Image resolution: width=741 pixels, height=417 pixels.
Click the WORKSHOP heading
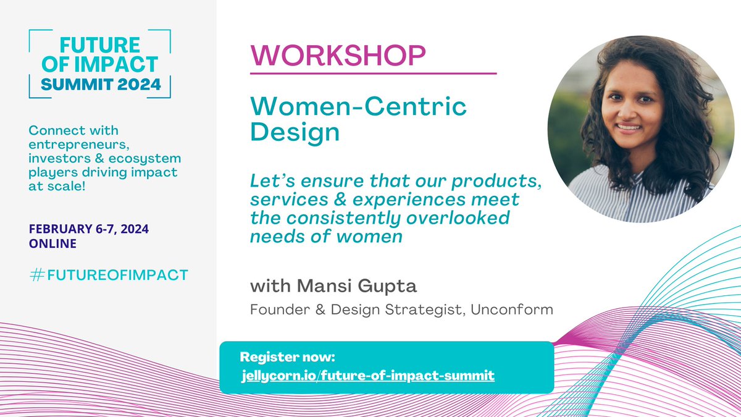pyautogui.click(x=338, y=56)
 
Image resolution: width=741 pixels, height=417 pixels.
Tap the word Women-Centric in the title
pyautogui.click(x=359, y=107)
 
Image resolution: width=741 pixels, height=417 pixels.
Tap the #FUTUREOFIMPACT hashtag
pyautogui.click(x=108, y=275)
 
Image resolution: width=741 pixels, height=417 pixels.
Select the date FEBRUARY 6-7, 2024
pyautogui.click(x=89, y=229)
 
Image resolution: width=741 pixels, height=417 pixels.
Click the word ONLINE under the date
pyautogui.click(x=52, y=243)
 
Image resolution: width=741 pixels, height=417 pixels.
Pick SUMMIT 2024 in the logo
pyautogui.click(x=99, y=85)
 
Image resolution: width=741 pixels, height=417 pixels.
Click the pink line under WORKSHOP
pyautogui.click(x=373, y=74)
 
